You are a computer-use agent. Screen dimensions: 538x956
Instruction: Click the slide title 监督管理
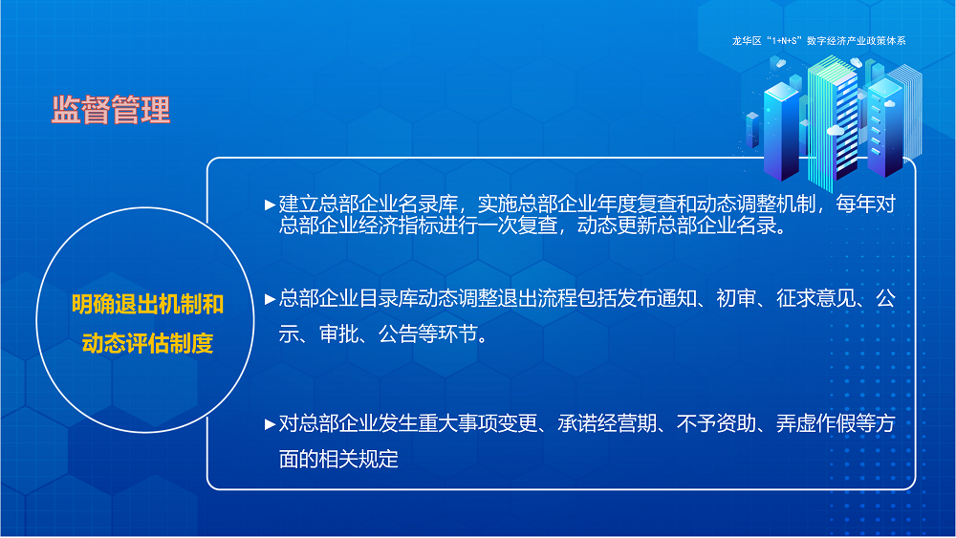point(111,110)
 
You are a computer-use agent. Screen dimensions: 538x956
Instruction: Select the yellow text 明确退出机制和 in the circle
point(148,305)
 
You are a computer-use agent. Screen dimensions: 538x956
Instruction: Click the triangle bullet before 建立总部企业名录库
point(271,204)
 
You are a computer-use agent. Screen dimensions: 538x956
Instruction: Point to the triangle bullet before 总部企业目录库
point(271,299)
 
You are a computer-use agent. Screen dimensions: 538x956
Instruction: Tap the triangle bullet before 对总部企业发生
point(271,423)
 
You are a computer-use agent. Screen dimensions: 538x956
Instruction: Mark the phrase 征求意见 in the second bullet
point(818,299)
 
